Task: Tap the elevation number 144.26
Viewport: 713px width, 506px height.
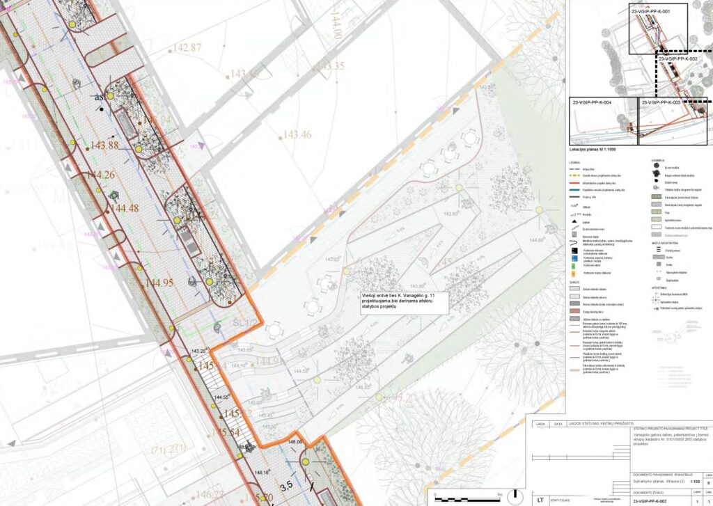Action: (100, 175)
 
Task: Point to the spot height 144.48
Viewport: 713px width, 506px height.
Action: (124, 208)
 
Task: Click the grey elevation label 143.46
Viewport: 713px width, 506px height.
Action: (297, 134)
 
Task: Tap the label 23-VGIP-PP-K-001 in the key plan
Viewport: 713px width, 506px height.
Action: (650, 13)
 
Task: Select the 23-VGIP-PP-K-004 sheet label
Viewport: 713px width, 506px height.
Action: (592, 103)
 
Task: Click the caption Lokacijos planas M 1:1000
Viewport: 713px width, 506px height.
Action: (593, 150)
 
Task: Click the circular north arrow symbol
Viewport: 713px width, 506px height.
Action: (515, 498)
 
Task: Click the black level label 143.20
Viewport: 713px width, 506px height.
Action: (199, 351)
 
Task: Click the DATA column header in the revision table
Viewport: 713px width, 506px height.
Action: (557, 422)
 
